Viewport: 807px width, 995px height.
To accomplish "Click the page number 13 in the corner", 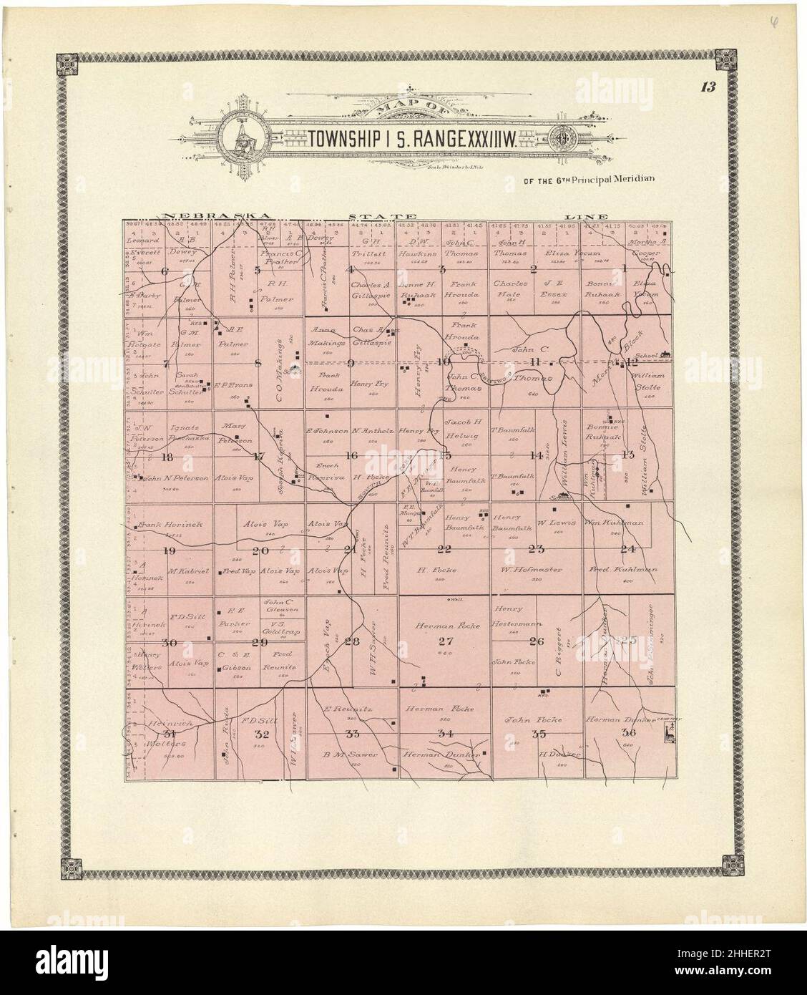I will [x=708, y=88].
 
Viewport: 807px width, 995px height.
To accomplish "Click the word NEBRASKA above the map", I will [x=216, y=215].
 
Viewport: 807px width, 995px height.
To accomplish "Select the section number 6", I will [x=165, y=271].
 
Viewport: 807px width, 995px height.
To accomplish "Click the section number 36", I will [x=629, y=733].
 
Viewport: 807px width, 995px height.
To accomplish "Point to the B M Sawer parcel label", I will [x=349, y=755].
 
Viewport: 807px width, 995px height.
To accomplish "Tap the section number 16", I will [x=351, y=455].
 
